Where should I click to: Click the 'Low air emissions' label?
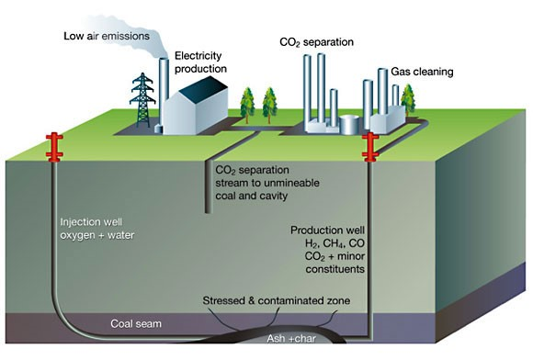pos(107,36)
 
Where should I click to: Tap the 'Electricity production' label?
pos(200,62)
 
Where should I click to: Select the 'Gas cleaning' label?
pos(422,72)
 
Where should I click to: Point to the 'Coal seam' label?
pos(136,323)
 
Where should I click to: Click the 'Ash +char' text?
pos(291,339)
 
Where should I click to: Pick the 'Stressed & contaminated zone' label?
pos(277,300)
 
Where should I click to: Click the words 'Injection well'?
pos(91,222)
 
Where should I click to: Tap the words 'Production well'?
pos(327,231)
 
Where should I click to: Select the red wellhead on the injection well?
pos(54,148)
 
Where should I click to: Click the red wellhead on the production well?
pos(370,147)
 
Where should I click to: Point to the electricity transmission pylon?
pos(142,99)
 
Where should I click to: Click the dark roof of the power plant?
pos(203,88)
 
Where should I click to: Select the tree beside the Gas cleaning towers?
pos(408,98)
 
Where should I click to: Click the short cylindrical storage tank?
pos(349,124)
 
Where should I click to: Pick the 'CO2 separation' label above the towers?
pos(316,42)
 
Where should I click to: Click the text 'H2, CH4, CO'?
pos(335,243)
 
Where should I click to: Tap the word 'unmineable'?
pos(291,183)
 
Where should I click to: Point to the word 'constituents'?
pos(335,269)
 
